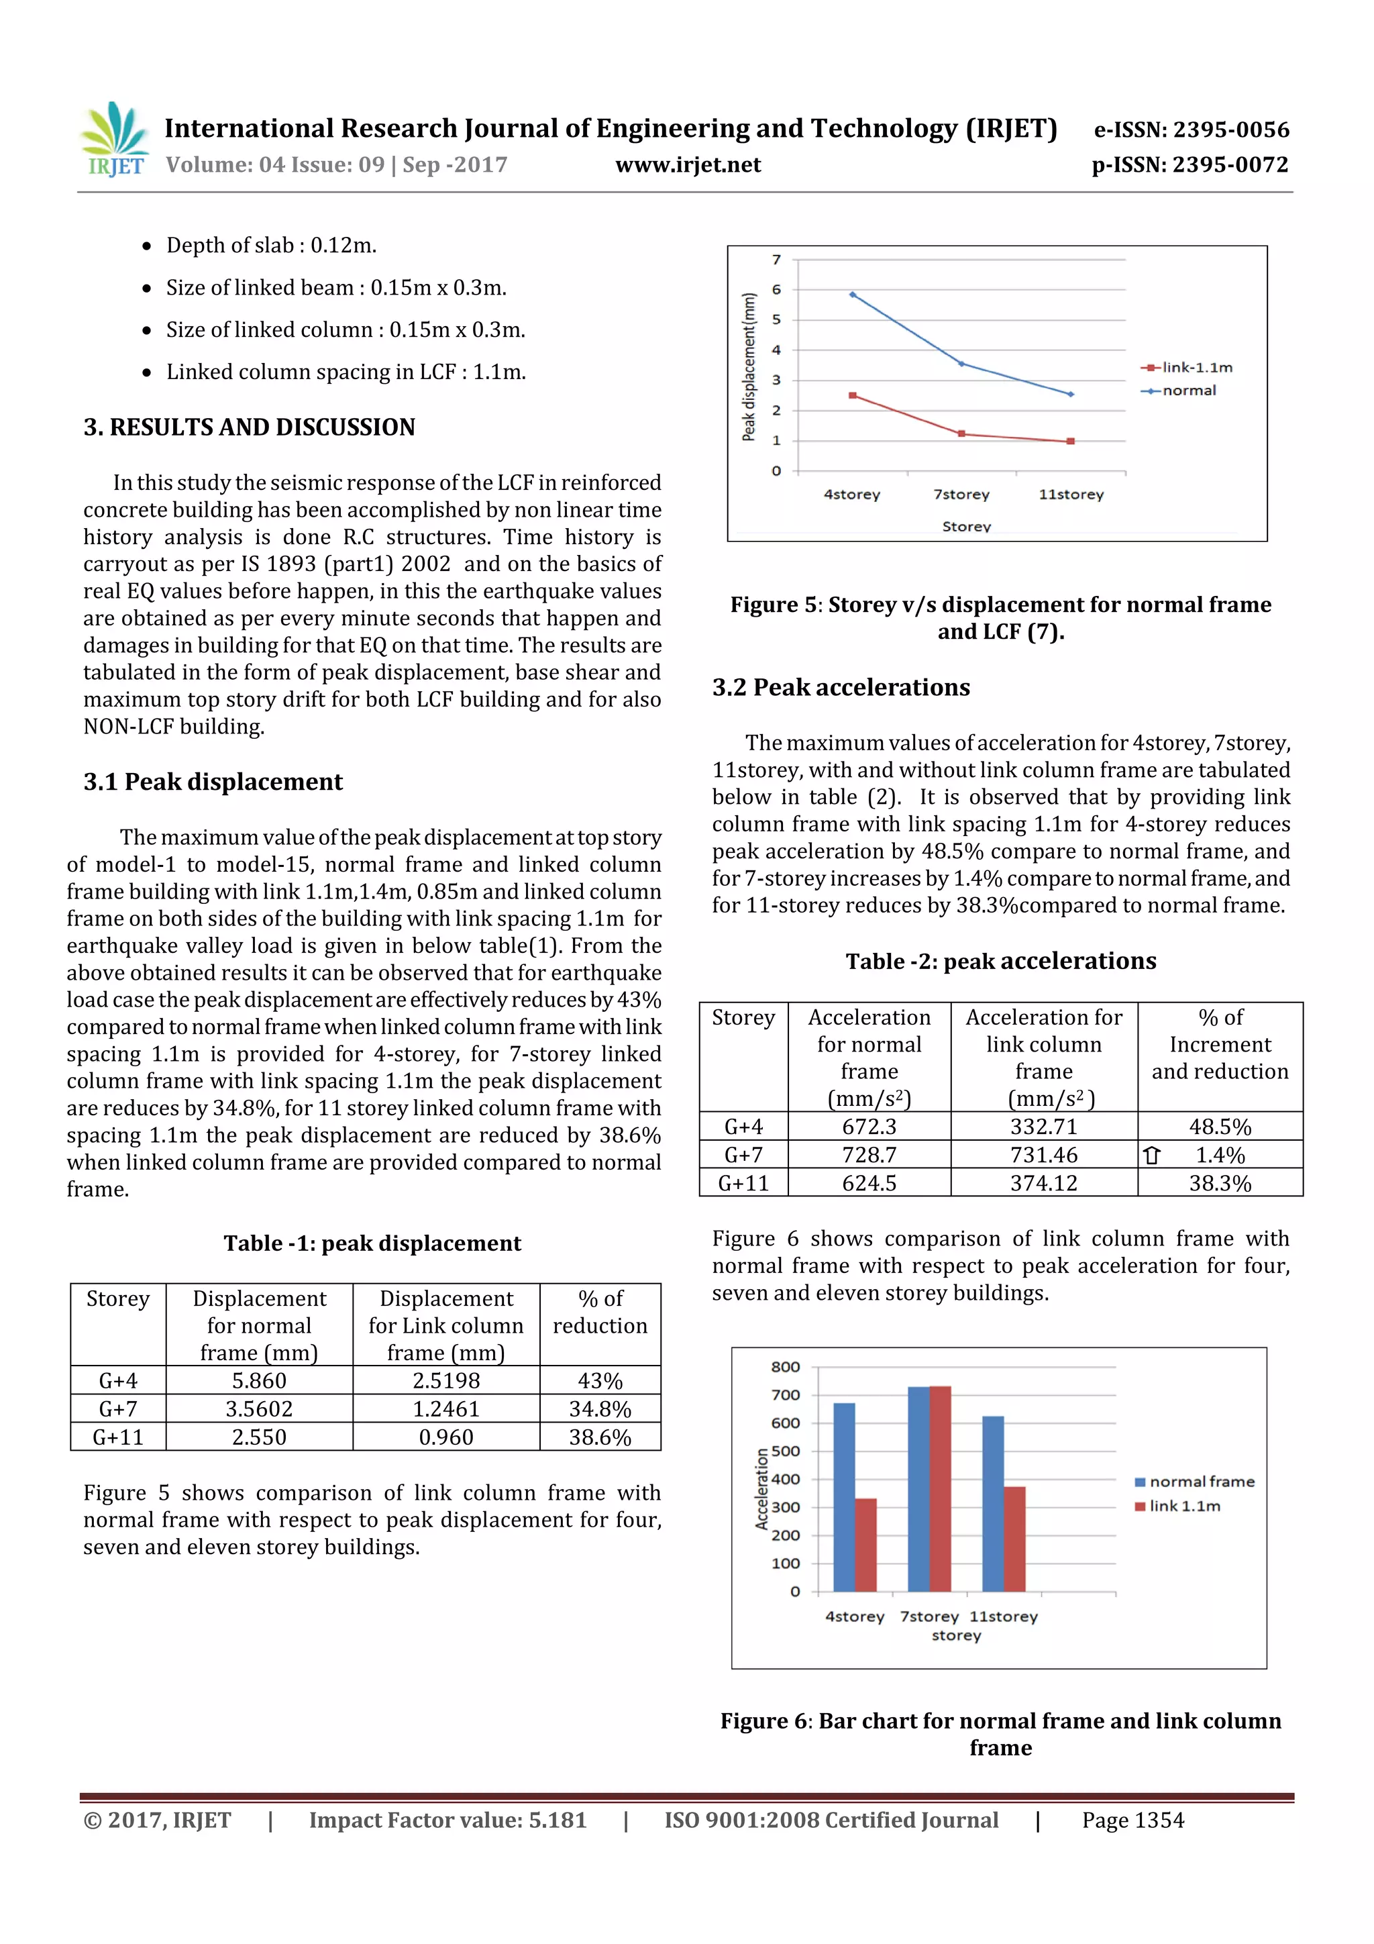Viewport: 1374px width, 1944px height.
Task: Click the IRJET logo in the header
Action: tap(114, 140)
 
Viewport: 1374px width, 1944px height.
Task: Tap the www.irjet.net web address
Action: tap(688, 164)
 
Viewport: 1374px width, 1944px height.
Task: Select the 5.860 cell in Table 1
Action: tap(259, 1380)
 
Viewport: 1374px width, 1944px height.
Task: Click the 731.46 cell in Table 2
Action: tap(1043, 1155)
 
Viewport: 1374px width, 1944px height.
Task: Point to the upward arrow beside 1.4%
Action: tap(1151, 1155)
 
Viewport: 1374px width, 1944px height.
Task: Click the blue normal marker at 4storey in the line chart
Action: tap(853, 295)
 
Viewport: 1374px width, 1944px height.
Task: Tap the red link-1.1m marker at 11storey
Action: tap(1070, 441)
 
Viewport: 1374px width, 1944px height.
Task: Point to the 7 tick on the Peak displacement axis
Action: tap(776, 260)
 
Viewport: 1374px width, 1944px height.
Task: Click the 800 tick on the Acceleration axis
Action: tap(785, 1366)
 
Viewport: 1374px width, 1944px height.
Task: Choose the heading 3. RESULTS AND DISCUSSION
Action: tap(249, 427)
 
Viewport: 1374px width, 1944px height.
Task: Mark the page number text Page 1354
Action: tap(1132, 1821)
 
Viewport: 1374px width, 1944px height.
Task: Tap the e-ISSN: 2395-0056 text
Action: tap(1191, 130)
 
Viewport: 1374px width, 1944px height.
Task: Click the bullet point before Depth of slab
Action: tap(148, 246)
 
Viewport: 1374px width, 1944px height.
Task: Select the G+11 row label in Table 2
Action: tap(743, 1183)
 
